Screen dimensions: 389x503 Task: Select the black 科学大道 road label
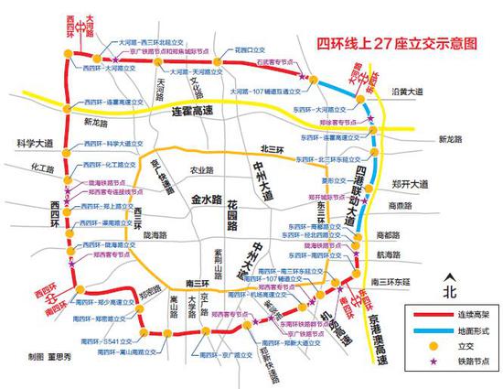pos(36,144)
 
